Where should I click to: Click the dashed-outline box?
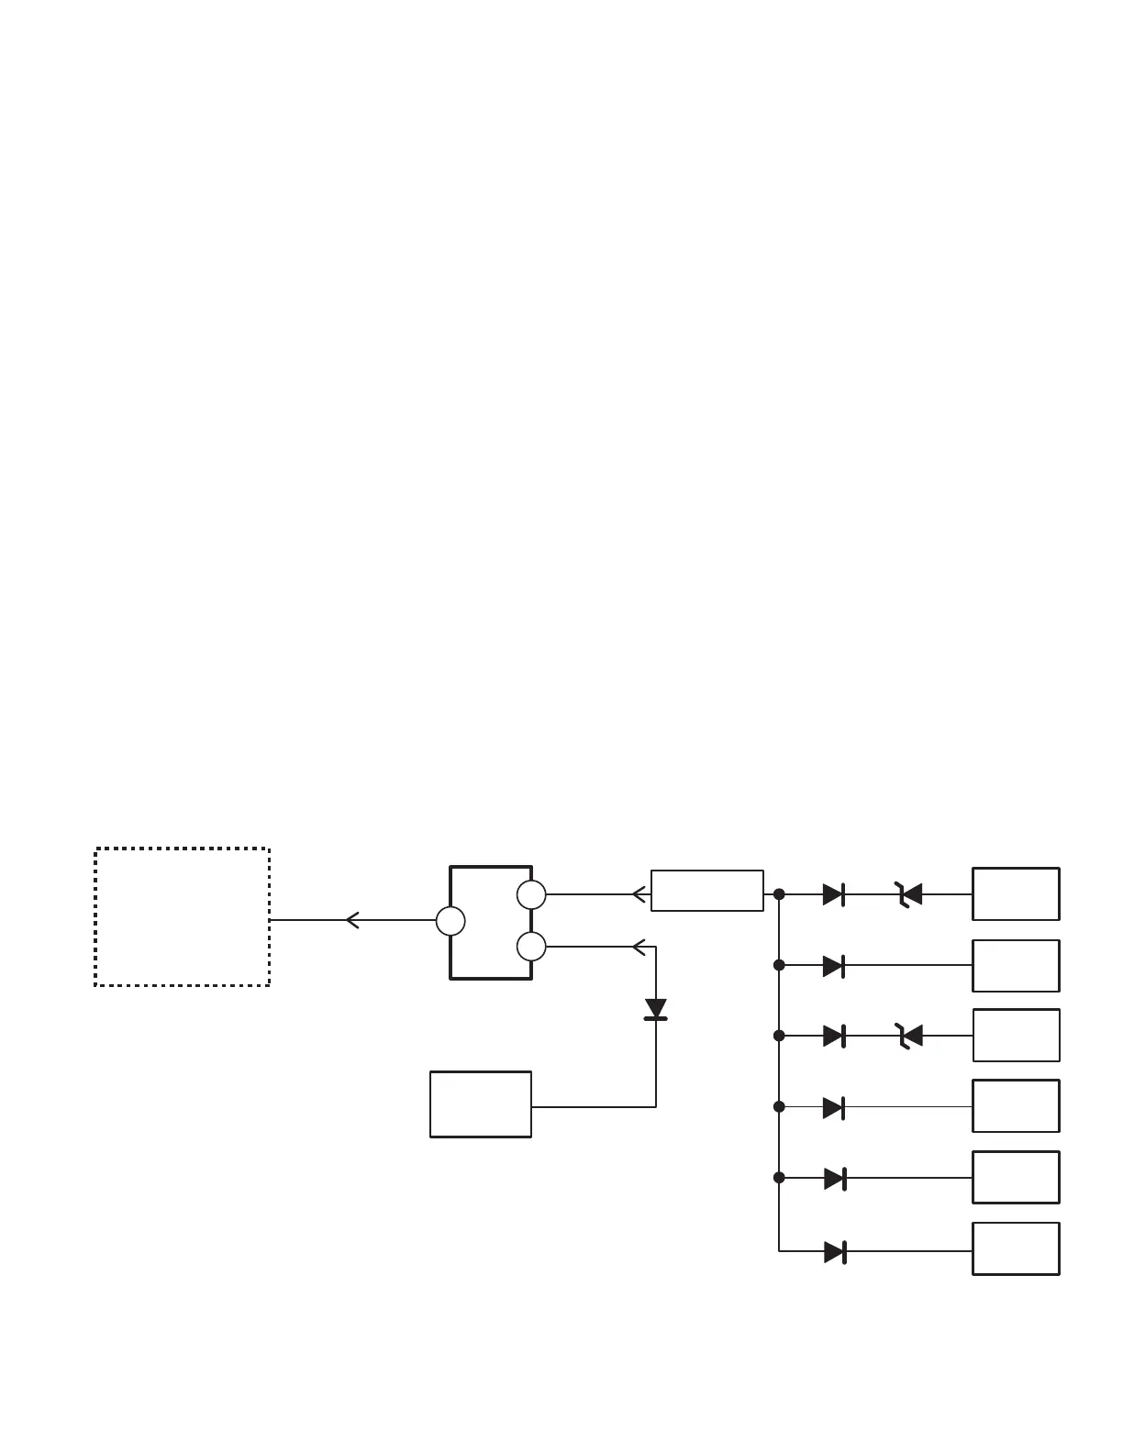click(182, 916)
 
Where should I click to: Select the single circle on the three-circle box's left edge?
click(450, 921)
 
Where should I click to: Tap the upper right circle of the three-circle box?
click(531, 893)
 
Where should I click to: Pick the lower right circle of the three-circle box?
click(531, 946)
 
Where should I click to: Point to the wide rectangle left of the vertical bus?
click(706, 891)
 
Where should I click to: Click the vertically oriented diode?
click(656, 1009)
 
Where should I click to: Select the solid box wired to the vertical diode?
click(481, 1104)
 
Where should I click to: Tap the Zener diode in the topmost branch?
click(909, 893)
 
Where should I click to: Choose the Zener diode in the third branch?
click(909, 1036)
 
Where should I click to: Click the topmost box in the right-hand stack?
click(1016, 893)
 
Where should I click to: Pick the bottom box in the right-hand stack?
click(1016, 1248)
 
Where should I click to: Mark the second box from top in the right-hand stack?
click(1016, 965)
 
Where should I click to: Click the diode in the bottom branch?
click(834, 1251)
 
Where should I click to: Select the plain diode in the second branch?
click(834, 965)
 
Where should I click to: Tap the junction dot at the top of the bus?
click(779, 893)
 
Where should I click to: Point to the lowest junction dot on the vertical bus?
click(779, 1177)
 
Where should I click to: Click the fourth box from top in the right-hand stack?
click(1016, 1106)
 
